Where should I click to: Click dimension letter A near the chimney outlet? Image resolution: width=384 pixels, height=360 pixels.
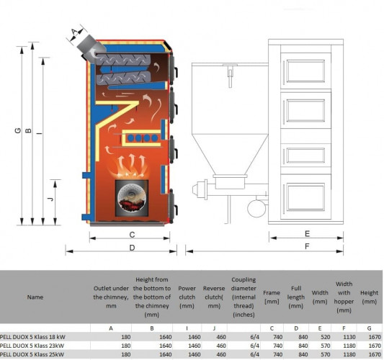[75, 32]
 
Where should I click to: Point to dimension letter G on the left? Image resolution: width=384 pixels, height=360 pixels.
[17, 131]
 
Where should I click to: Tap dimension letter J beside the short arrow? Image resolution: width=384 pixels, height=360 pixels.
[50, 199]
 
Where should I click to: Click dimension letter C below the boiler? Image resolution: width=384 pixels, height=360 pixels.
[132, 235]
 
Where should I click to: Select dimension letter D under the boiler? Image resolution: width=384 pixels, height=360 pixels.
[132, 248]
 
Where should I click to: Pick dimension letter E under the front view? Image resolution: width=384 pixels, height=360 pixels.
[307, 234]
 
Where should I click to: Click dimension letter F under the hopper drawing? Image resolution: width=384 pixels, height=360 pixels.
[307, 246]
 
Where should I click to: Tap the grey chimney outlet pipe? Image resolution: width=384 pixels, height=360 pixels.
[90, 49]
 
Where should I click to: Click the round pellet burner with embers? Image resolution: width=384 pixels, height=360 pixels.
[132, 198]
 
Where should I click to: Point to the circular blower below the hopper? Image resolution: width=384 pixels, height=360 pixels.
[256, 209]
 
